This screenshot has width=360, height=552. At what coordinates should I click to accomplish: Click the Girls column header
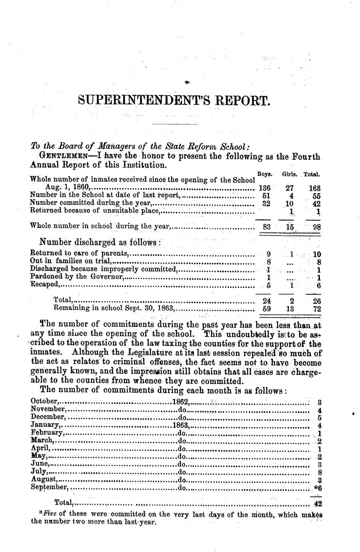289,174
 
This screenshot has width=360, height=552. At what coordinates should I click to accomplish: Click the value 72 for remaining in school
317,309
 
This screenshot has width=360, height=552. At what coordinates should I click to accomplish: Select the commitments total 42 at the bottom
318,504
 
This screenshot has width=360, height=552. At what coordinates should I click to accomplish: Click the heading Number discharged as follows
100,242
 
